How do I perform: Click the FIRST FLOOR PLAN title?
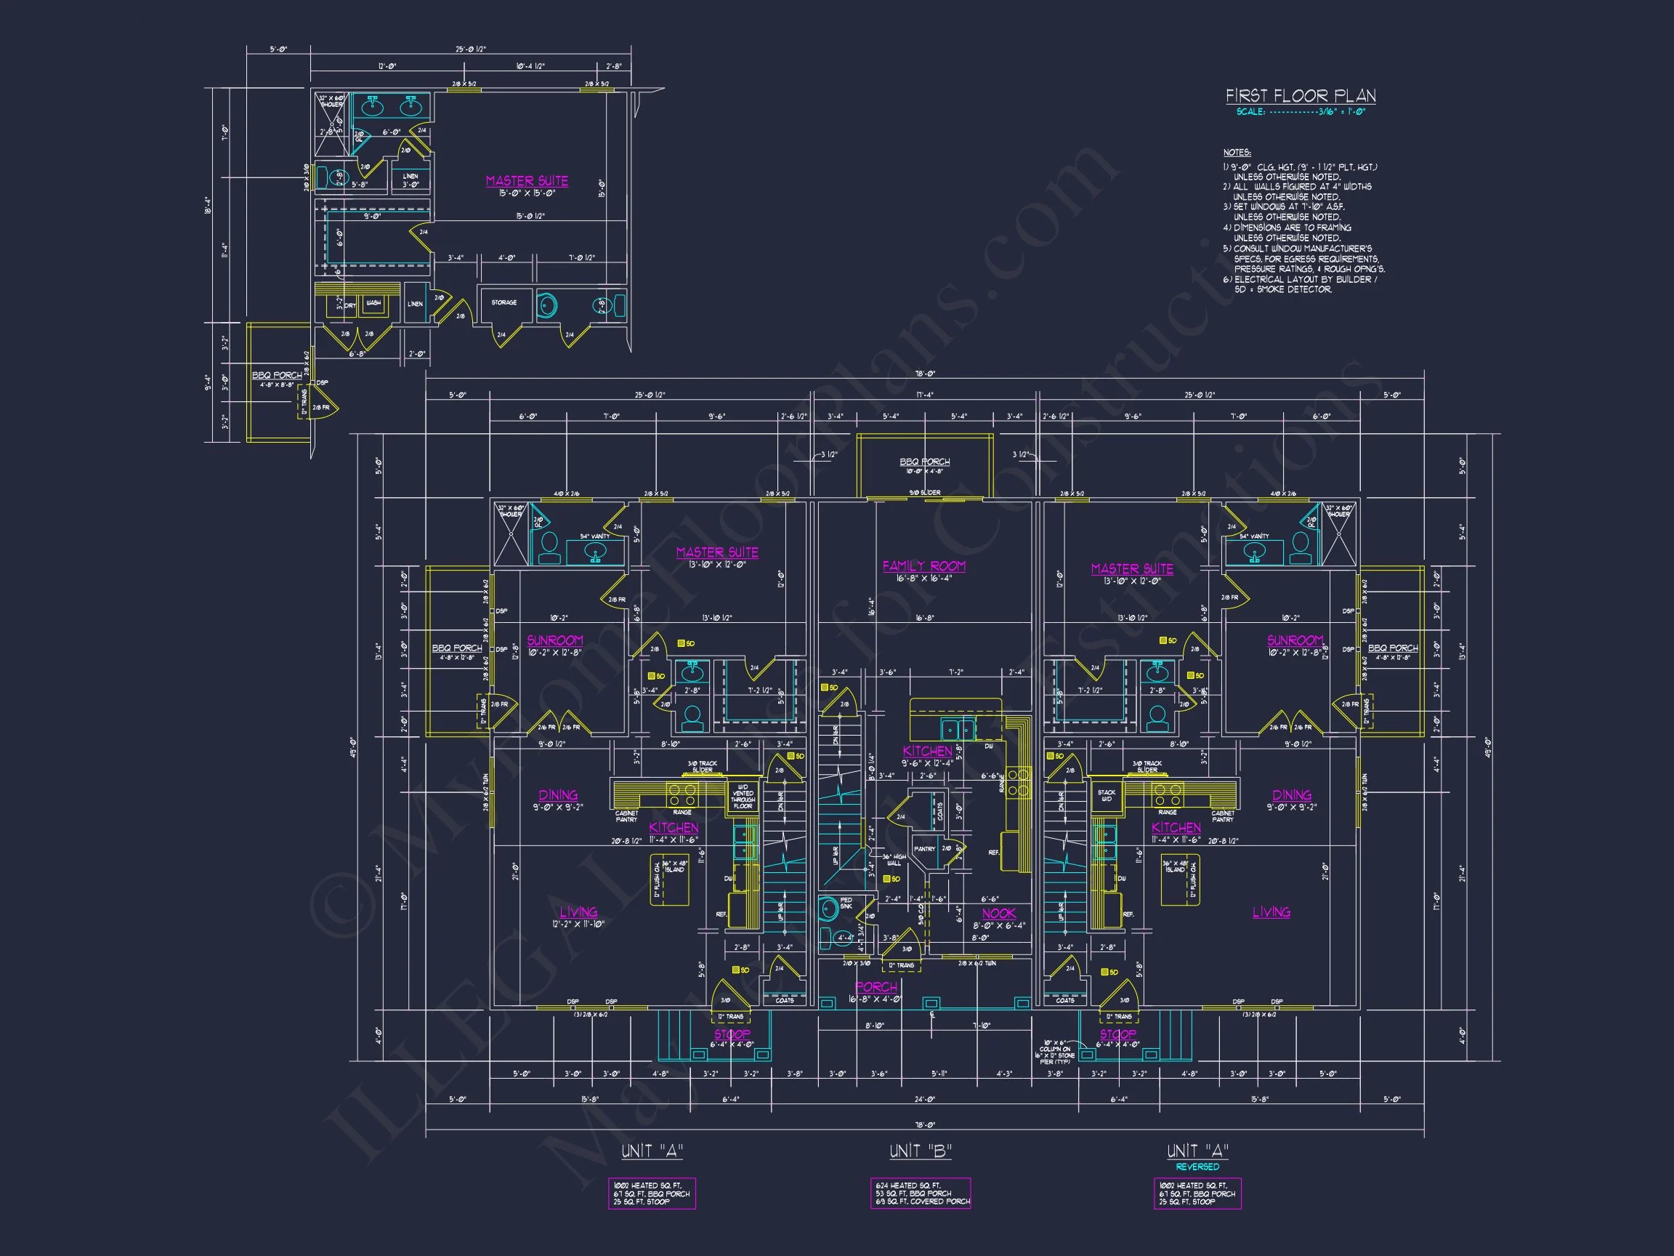pyautogui.click(x=1300, y=95)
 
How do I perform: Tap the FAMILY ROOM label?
pyautogui.click(x=923, y=565)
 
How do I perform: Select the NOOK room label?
pyautogui.click(x=998, y=914)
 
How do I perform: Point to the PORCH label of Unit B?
pyautogui.click(x=876, y=987)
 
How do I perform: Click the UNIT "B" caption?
pyautogui.click(x=921, y=1151)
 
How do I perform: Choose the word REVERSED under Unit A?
pyautogui.click(x=1197, y=1167)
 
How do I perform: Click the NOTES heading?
pyautogui.click(x=1237, y=153)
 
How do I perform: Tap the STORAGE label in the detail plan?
pyautogui.click(x=504, y=303)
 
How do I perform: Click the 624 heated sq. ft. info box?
pyautogui.click(x=921, y=1193)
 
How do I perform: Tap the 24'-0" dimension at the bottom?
pyautogui.click(x=924, y=1099)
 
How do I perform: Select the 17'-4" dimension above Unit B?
pyautogui.click(x=924, y=395)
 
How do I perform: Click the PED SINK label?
pyautogui.click(x=846, y=903)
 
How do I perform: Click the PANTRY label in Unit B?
pyautogui.click(x=924, y=849)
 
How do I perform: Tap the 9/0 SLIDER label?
pyautogui.click(x=924, y=493)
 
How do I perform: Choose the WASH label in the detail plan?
pyautogui.click(x=373, y=304)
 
